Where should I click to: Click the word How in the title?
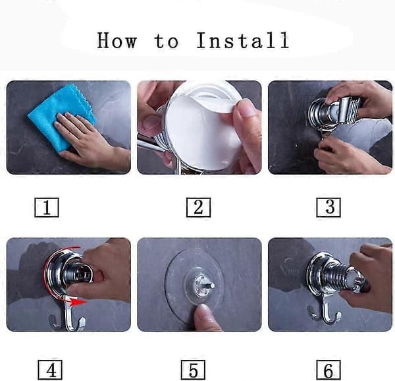117,40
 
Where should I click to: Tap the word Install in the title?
243,40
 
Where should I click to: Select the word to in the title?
167,42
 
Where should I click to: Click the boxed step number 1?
47,208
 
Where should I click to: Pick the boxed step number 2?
199,208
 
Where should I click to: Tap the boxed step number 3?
329,208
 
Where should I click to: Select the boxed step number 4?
50,370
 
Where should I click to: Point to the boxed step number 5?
193,370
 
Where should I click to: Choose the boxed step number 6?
329,370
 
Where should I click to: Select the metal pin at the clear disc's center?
209,286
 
